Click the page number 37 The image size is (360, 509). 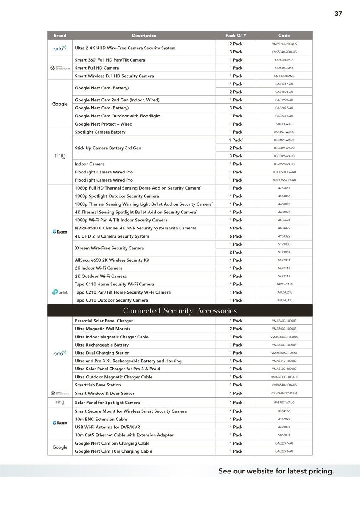coord(338,14)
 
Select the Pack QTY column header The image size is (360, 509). coord(236,36)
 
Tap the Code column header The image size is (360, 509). coord(284,36)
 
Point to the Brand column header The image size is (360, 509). coord(60,36)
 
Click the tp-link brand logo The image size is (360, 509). coord(60,292)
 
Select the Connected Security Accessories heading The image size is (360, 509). coord(180,311)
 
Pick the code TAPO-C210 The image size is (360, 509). coord(284,292)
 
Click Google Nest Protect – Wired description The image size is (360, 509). coord(104,124)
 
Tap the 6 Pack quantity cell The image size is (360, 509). coord(236,236)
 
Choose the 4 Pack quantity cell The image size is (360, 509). coord(236,228)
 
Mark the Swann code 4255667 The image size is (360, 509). coord(284,188)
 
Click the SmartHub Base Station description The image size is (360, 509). coord(98,385)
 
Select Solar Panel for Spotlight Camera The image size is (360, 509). coord(107,403)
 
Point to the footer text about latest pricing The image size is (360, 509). coord(276,471)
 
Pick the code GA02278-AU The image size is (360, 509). coord(284,451)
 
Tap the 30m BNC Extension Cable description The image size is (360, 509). coord(101,419)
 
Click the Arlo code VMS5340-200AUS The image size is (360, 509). coord(284,52)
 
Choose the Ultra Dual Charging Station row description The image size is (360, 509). coord(102,353)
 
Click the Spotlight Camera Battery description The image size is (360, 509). coord(100,132)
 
